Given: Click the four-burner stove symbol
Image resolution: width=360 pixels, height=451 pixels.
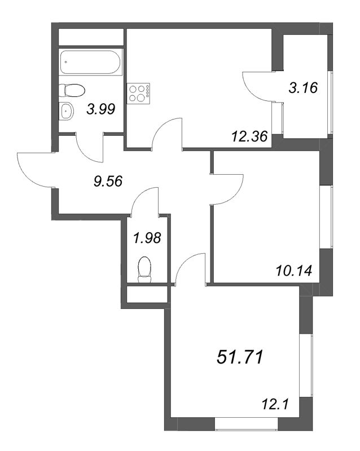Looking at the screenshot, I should tap(139, 93).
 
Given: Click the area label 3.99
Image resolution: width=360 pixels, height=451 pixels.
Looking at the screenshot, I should tap(101, 110).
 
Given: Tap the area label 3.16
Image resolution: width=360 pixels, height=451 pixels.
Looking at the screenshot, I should tap(304, 88).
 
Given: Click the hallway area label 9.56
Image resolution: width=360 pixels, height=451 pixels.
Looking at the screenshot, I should tap(108, 180).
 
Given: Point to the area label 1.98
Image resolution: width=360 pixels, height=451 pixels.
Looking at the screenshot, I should tap(147, 238).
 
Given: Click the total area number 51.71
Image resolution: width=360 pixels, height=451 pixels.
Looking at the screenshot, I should tap(240, 356).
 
